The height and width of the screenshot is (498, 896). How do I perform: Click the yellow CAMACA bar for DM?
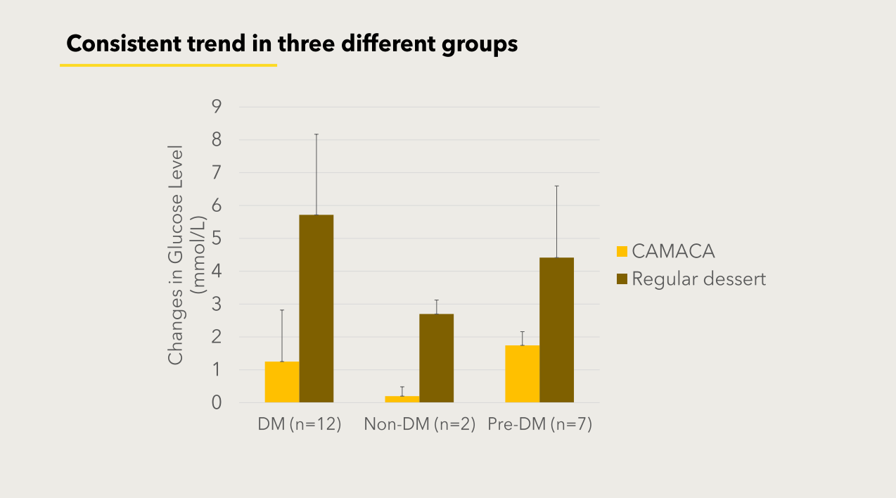click(282, 382)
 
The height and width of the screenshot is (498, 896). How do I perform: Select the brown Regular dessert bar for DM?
click(316, 309)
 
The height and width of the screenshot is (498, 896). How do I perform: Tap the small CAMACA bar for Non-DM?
click(402, 400)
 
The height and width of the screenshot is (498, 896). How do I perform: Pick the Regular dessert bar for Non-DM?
click(436, 358)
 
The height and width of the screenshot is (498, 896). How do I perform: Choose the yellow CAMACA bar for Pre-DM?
click(522, 373)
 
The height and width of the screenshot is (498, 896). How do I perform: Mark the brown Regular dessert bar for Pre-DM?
click(556, 330)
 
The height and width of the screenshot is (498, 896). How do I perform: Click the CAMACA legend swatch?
click(622, 251)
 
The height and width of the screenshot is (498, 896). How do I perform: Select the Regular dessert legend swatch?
click(622, 279)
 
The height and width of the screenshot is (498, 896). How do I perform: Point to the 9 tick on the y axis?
click(217, 107)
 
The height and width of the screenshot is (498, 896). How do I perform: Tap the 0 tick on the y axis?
click(217, 403)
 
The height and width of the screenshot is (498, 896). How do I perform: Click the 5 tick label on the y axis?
click(217, 238)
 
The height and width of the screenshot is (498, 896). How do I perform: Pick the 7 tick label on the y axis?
click(217, 173)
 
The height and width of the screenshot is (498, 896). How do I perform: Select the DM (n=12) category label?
click(300, 425)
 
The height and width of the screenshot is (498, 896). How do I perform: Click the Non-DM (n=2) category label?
click(420, 425)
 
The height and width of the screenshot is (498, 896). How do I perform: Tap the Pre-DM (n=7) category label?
click(540, 425)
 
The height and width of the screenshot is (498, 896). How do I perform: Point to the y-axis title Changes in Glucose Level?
click(176, 255)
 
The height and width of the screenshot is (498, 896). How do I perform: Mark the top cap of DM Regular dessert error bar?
click(316, 134)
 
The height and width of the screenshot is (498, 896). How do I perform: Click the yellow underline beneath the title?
click(168, 65)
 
